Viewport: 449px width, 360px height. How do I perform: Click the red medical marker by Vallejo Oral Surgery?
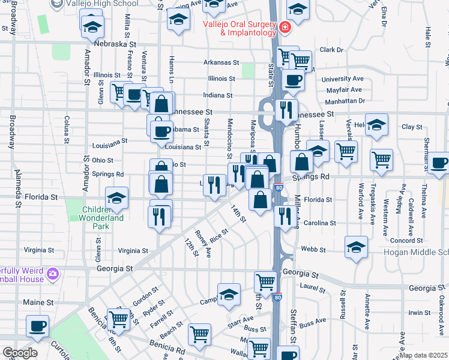pyautogui.click(x=283, y=28)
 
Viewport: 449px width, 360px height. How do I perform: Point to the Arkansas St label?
pyautogui.click(x=221, y=62)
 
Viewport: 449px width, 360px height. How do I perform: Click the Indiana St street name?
pyautogui.click(x=217, y=95)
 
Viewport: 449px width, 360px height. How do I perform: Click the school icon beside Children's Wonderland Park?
pyautogui.click(x=116, y=199)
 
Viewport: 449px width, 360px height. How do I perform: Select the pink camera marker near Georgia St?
pyautogui.click(x=53, y=274)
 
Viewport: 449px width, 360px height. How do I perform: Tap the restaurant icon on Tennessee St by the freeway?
pyautogui.click(x=287, y=110)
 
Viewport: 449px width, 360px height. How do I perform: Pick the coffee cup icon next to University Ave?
pyautogui.click(x=292, y=80)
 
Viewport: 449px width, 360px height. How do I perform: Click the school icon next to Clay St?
pyautogui.click(x=376, y=125)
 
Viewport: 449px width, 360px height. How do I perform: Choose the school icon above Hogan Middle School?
pyautogui.click(x=356, y=247)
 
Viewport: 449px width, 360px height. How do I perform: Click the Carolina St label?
pyautogui.click(x=319, y=223)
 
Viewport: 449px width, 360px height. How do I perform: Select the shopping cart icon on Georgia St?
pyautogui.click(x=265, y=281)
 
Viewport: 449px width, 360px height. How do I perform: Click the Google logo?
pyautogui.click(x=20, y=353)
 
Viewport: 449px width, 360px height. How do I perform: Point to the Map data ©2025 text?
pyautogui.click(x=423, y=355)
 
